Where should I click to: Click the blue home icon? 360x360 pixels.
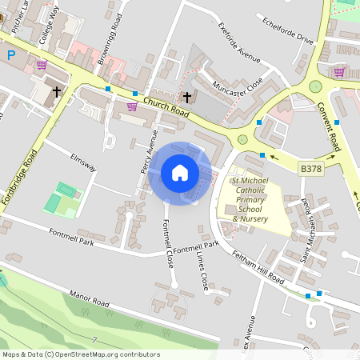(180, 172)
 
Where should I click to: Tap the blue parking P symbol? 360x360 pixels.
(11, 55)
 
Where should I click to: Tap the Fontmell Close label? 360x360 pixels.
(169, 243)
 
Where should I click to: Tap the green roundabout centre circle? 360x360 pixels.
(315, 86)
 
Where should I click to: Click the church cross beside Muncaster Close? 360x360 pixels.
(187, 98)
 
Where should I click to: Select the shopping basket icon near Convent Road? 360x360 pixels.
(339, 72)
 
